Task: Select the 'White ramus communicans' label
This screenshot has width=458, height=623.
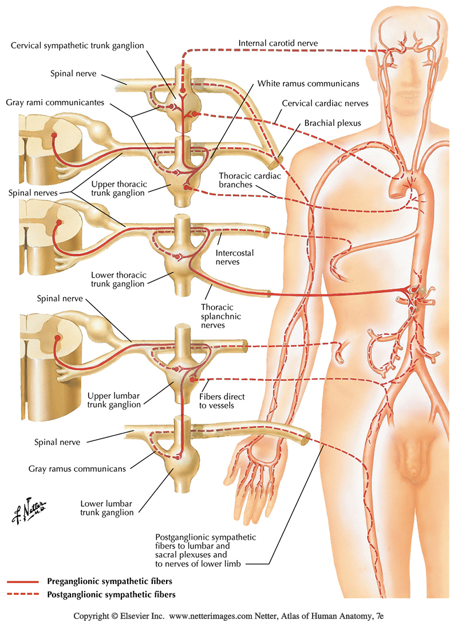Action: tap(308, 83)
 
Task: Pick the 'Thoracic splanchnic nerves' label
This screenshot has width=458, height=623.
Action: tap(224, 317)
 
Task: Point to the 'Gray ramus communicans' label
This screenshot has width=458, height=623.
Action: tap(77, 468)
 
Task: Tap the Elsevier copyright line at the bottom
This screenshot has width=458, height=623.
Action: tap(228, 615)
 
